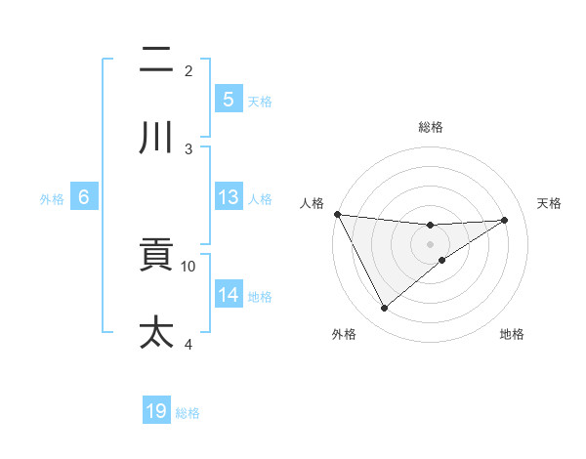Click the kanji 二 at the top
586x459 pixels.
(x=156, y=61)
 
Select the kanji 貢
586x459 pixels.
(x=156, y=256)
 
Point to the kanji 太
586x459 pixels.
(x=156, y=332)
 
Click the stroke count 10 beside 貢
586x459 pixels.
(x=188, y=266)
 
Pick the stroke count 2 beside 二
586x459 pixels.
(x=188, y=70)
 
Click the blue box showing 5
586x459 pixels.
(x=228, y=99)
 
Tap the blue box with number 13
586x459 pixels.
(x=228, y=197)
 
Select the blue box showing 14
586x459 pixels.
(x=228, y=295)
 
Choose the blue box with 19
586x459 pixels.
(x=156, y=411)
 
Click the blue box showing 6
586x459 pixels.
(x=84, y=197)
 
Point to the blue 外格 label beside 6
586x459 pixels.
(x=52, y=199)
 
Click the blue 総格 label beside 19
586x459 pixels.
(x=188, y=413)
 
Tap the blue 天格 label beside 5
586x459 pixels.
(x=259, y=101)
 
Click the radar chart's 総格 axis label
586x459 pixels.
(x=430, y=127)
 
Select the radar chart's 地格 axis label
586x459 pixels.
(x=512, y=334)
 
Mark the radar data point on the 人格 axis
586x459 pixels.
(x=337, y=214)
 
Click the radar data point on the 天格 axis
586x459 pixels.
(x=505, y=220)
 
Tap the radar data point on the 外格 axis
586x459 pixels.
(x=384, y=309)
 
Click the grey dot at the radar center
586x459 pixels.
(x=430, y=244)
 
